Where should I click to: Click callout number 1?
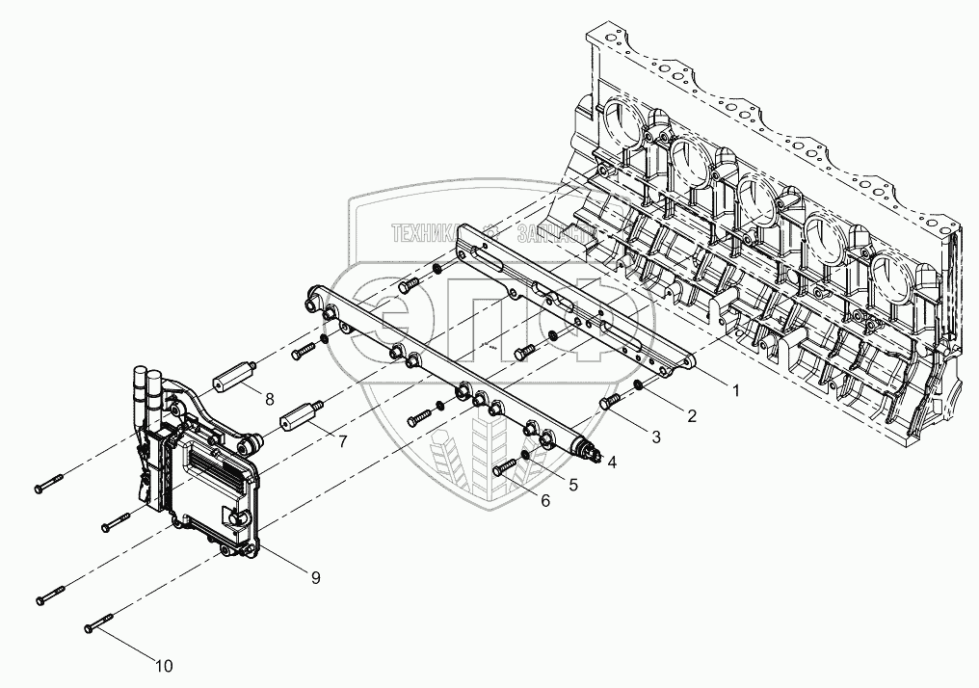[735, 390]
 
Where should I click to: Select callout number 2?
[689, 416]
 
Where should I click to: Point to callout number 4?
[611, 462]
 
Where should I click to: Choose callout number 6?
[545, 501]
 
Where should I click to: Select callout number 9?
[317, 577]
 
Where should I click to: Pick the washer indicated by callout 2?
[638, 386]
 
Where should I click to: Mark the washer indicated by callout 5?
[525, 455]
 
